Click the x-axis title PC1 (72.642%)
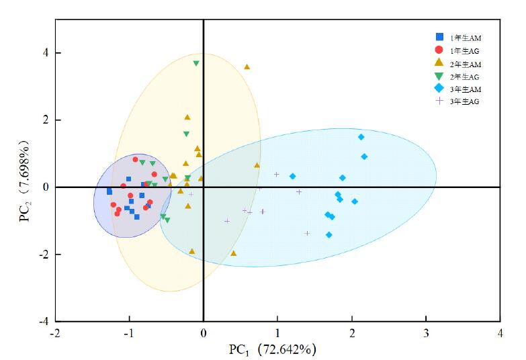[x=271, y=349]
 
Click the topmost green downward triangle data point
[x=196, y=64]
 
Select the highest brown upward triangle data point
[x=247, y=66]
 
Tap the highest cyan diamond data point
[x=361, y=137]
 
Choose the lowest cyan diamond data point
[x=329, y=235]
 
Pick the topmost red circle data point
[x=135, y=160]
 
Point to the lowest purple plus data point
[x=307, y=233]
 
